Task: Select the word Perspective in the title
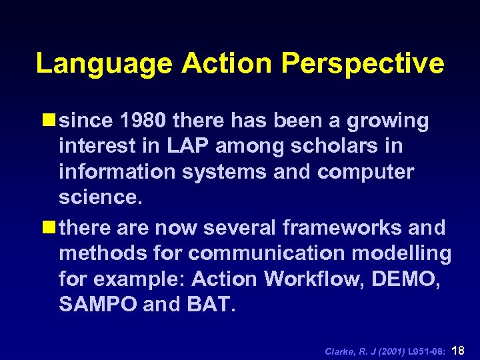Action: [363, 64]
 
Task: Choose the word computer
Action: [366, 171]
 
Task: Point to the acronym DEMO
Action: [408, 279]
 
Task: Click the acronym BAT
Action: [211, 304]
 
